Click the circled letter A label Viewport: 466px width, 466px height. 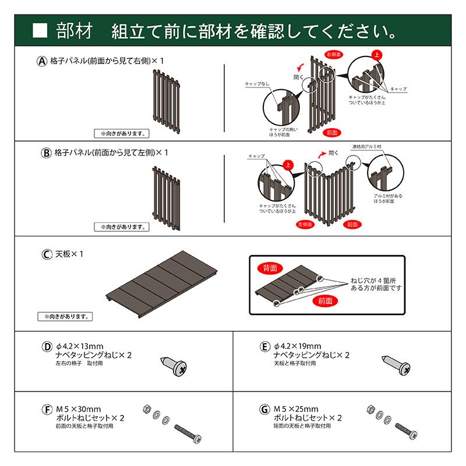tap(42, 61)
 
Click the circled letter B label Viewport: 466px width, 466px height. tap(47, 153)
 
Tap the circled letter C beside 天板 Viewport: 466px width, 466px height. tap(47, 255)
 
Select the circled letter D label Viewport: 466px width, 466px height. tap(47, 347)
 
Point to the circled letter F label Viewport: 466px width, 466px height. tap(47, 409)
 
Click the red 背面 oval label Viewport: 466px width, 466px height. tap(270, 267)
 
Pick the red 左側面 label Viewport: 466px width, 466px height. tap(306, 224)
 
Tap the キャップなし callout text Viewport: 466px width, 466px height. tap(257, 83)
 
